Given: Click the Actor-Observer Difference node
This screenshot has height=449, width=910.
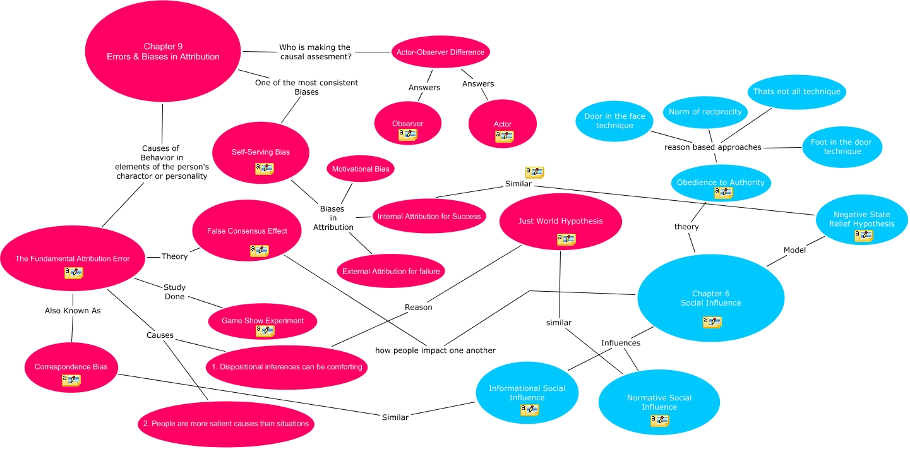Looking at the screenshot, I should point(440,52).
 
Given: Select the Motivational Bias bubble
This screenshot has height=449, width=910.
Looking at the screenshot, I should point(361,169).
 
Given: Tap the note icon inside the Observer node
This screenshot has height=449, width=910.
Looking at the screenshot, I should point(407,135).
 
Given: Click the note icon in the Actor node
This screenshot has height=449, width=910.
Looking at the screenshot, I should point(504,136).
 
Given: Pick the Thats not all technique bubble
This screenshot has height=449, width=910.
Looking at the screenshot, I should point(796,92).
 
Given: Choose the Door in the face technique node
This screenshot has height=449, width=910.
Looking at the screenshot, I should point(614,121).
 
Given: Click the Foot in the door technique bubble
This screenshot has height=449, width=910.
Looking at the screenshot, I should point(841,147).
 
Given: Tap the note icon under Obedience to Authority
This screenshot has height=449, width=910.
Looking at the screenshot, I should point(723,193).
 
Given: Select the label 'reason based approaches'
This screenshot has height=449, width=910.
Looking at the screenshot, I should point(712,147).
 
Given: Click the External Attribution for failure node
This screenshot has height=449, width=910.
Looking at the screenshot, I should point(392,272).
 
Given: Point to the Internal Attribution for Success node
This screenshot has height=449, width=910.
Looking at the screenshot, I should point(429,217).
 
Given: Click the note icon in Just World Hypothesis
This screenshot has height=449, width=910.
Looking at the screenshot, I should point(566,239).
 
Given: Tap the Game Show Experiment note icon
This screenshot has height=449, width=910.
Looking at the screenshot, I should point(265,331).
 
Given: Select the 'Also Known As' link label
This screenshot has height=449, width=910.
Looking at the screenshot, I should point(73,311).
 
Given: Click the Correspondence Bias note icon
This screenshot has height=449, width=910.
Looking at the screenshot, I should point(71,380).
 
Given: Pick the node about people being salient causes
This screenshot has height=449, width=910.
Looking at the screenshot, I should point(226,423).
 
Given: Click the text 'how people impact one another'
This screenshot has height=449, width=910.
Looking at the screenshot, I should point(435,350).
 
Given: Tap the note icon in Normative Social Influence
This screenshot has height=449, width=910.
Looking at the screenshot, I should point(659,421).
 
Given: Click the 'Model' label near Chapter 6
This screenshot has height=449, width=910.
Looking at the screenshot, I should point(794,250).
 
